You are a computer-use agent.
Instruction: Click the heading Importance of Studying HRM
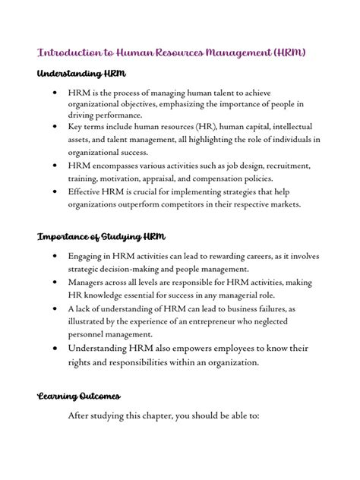click(101, 237)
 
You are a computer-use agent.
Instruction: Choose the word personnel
click(89, 334)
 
